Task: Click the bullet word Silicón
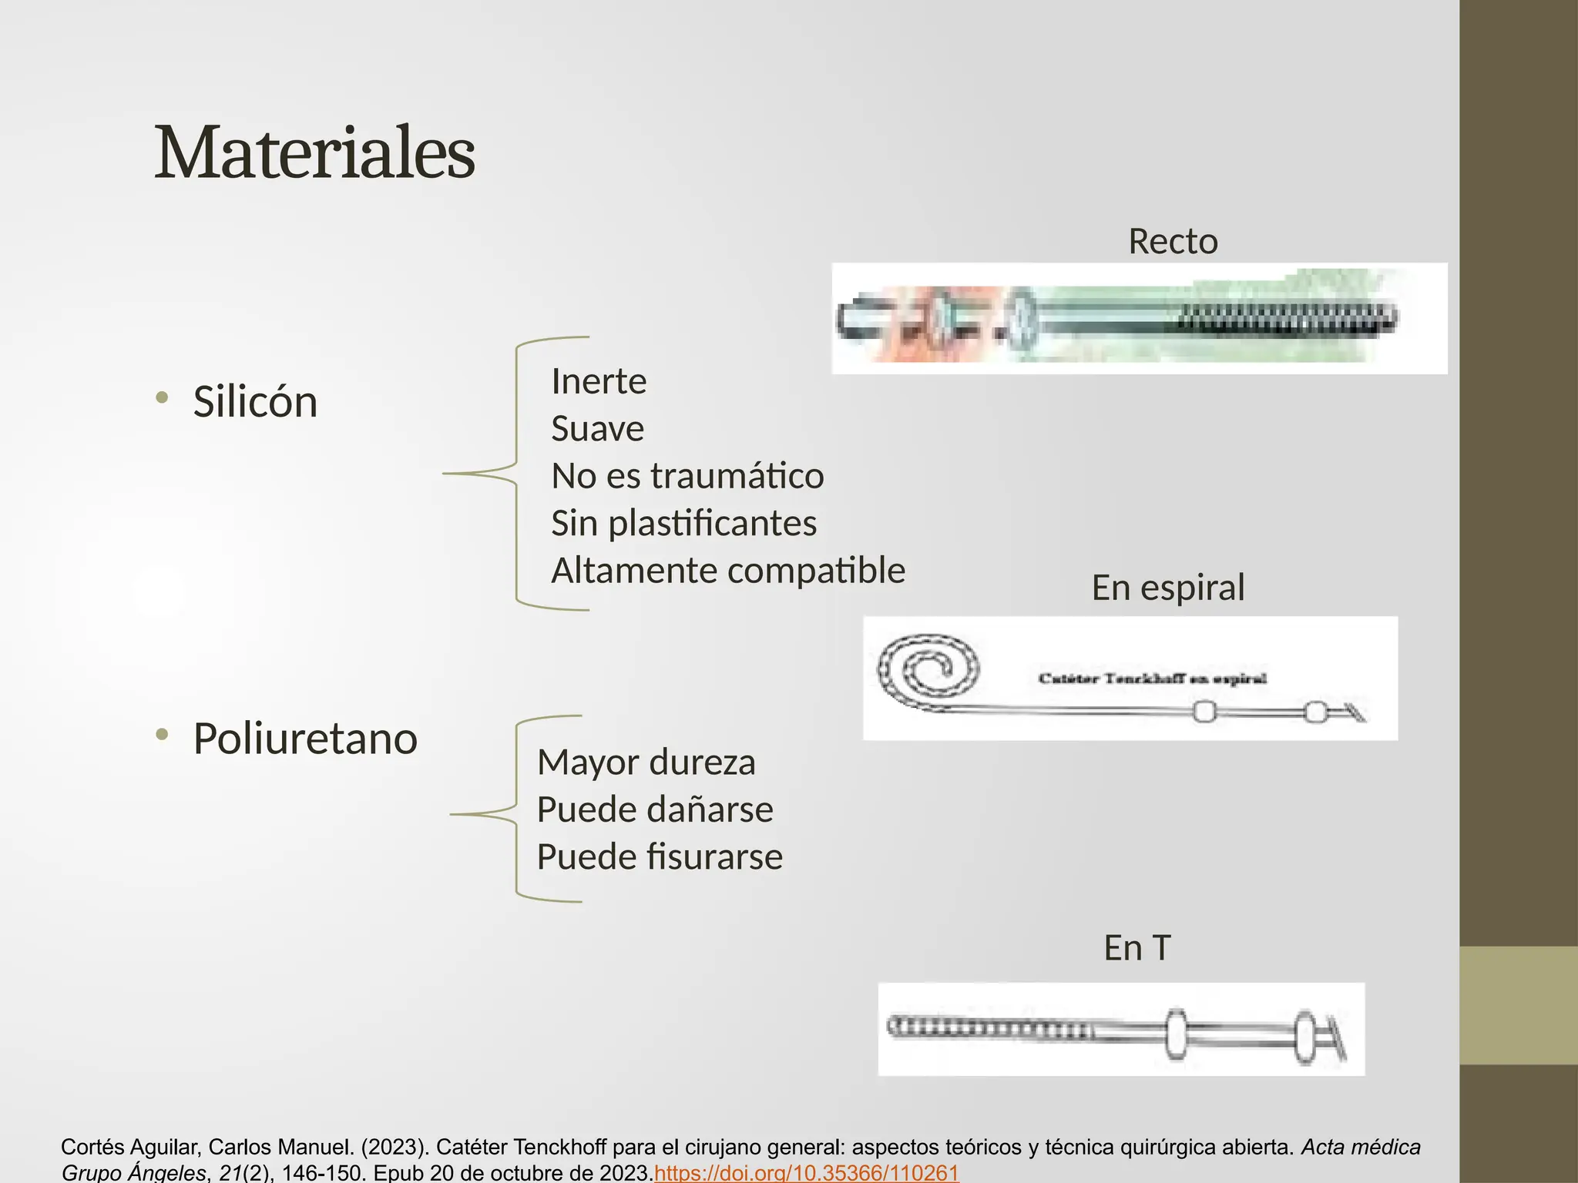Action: [255, 402]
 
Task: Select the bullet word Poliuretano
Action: [305, 739]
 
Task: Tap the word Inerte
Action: [599, 381]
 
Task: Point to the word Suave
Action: [597, 428]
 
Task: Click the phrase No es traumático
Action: [687, 476]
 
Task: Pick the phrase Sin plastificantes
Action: [683, 524]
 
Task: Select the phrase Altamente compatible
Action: [728, 571]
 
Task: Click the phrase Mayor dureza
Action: [646, 762]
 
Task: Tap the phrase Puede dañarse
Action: [654, 809]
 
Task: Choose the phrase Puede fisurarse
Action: [660, 856]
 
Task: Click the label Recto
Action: [1173, 242]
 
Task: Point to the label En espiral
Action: [1167, 588]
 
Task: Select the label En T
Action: [1136, 947]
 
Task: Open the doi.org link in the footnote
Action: [806, 1173]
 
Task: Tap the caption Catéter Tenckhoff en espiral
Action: [1152, 679]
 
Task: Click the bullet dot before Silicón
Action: [161, 398]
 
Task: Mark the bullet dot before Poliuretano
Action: [161, 735]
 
